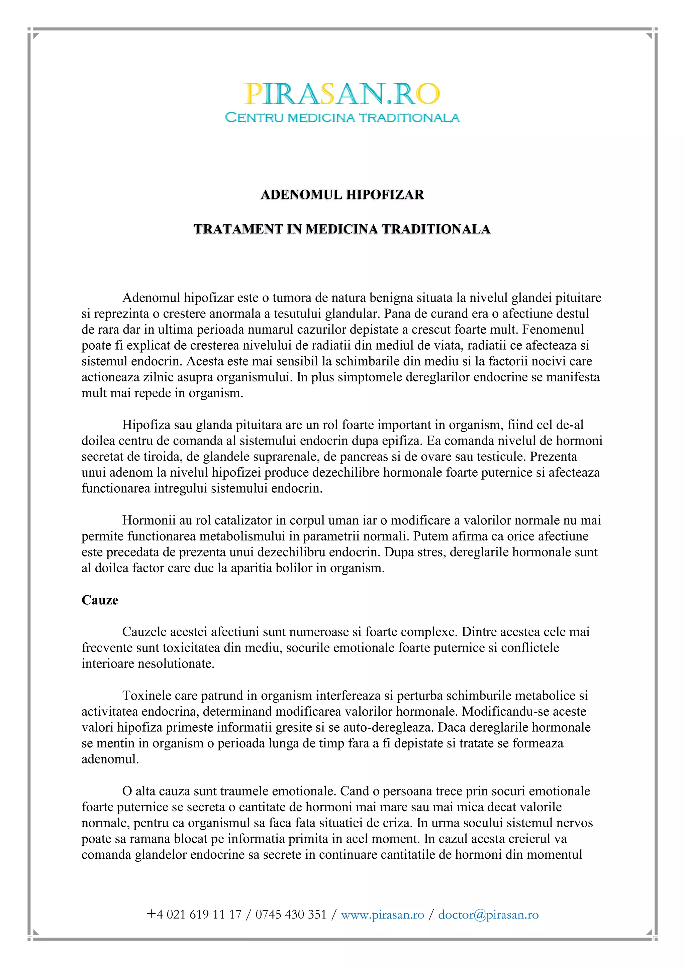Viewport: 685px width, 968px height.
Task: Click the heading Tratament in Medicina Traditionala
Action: (x=342, y=229)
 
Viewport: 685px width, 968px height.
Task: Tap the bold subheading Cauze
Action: (x=100, y=600)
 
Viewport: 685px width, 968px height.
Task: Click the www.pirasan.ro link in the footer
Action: (x=382, y=915)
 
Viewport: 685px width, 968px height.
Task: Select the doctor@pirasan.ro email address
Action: (x=488, y=915)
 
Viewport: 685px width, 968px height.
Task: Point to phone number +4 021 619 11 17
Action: (x=194, y=915)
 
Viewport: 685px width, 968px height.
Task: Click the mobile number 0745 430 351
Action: (x=291, y=915)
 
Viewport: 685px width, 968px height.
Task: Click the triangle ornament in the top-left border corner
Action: (x=36, y=36)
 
